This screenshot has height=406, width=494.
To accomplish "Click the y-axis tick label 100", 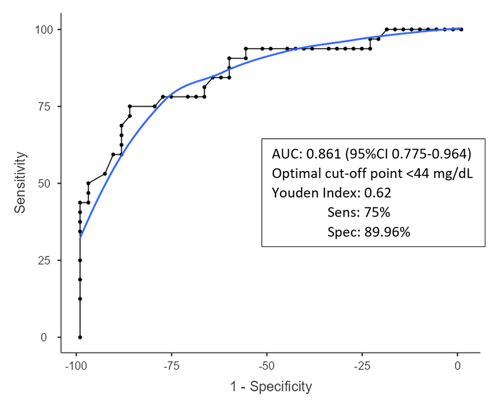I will pos(45,30).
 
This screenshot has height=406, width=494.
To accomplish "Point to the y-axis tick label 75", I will pos(49,107).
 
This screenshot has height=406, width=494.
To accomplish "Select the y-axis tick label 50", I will pos(49,183).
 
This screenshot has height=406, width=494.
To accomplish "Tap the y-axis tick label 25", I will pos(49,260).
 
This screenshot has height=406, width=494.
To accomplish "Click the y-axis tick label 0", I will pos(52,337).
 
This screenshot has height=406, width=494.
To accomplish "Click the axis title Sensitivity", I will pos(20,183).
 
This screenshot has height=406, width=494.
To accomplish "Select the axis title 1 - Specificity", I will pos(266,386).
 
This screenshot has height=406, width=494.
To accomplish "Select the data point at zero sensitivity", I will pos(80,337).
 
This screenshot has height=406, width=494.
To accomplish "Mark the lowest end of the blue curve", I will pos(80,237).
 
